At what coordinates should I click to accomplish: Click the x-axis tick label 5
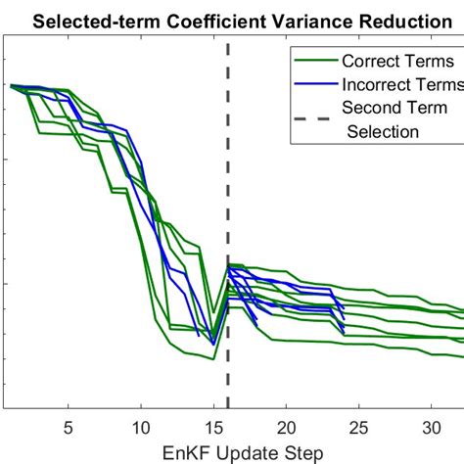pyautogui.click(x=68, y=427)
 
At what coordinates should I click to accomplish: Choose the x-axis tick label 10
pyautogui.click(x=140, y=427)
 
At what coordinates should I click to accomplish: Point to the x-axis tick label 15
pyautogui.click(x=213, y=427)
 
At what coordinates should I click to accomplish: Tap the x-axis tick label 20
pyautogui.click(x=287, y=427)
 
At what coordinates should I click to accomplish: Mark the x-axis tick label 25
pyautogui.click(x=359, y=427)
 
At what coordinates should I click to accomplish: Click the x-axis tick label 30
pyautogui.click(x=433, y=427)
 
